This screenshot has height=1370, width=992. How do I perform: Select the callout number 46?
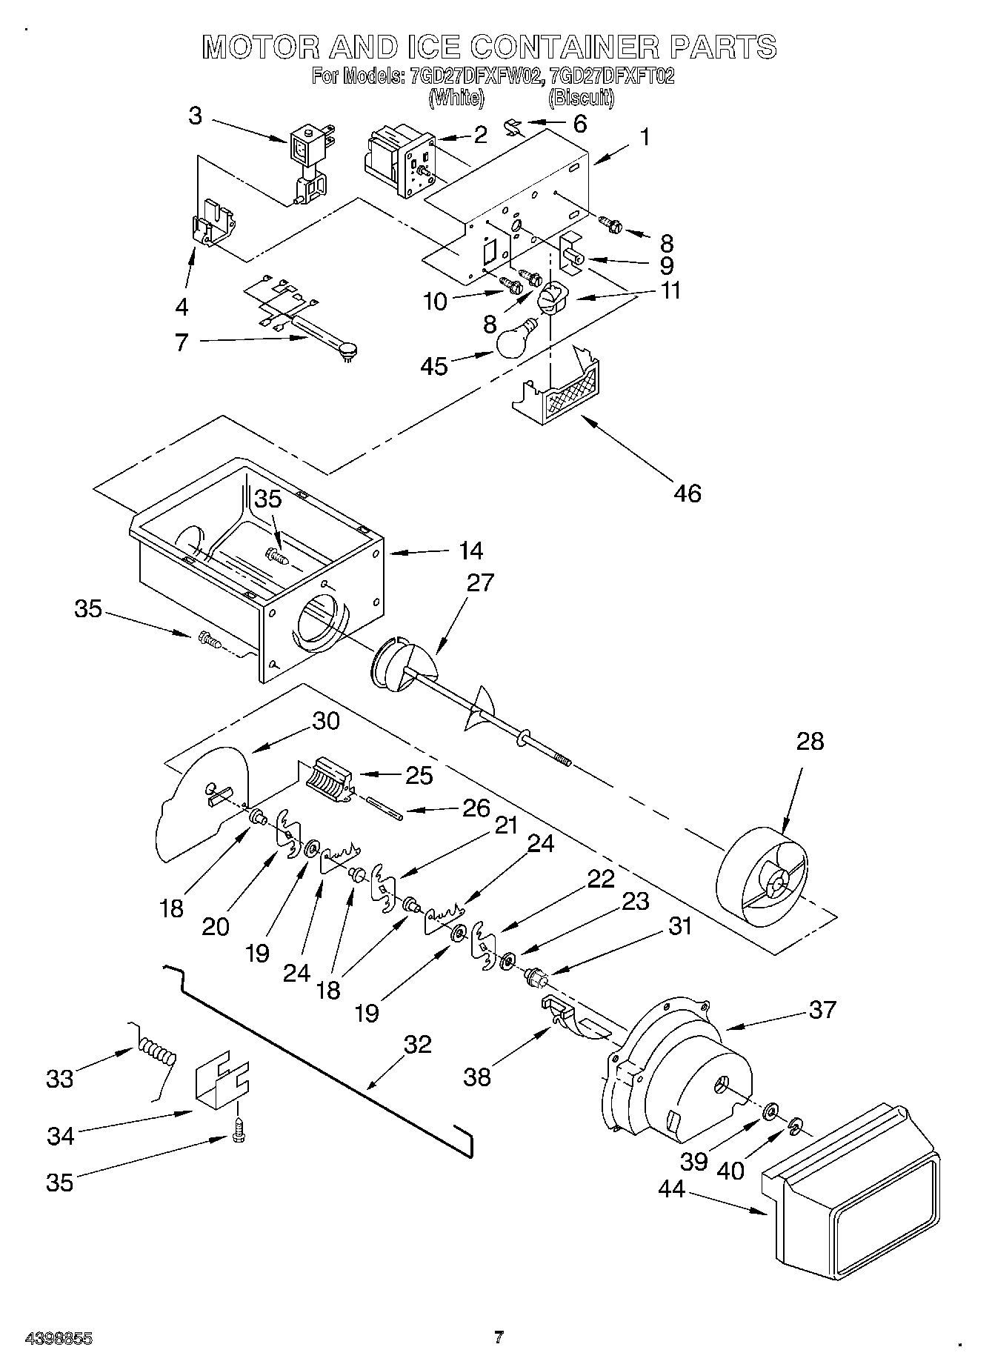[x=688, y=493]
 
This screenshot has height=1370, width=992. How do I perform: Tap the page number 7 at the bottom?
[x=499, y=1337]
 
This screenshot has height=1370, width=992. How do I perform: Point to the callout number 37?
[x=822, y=1009]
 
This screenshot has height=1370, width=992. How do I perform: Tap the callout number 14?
[x=470, y=551]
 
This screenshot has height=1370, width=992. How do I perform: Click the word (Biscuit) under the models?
[x=581, y=97]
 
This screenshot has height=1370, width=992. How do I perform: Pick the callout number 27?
[x=479, y=583]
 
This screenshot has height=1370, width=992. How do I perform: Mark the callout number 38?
[x=477, y=1077]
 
